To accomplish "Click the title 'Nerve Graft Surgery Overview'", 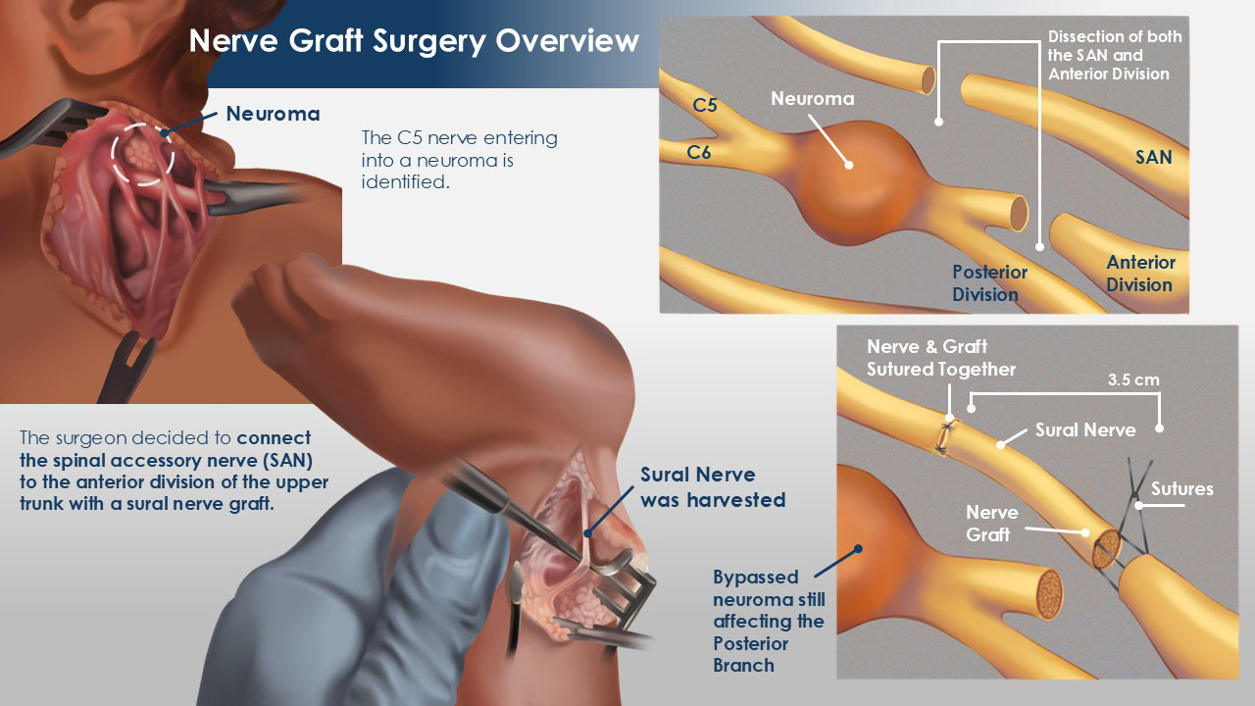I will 413,41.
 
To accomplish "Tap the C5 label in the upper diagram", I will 705,105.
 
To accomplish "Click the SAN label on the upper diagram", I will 1153,157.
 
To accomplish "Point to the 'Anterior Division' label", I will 1140,274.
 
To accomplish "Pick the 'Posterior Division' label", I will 990,283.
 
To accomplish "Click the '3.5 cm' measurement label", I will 1132,379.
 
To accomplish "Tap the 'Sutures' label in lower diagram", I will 1181,488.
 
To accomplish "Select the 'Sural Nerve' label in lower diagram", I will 1085,429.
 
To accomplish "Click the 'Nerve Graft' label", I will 991,523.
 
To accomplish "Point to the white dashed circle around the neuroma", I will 142,153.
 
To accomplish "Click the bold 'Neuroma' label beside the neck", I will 273,114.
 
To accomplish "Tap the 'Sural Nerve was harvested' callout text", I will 713,487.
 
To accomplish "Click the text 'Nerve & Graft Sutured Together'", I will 940,358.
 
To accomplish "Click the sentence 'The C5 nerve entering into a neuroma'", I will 459,159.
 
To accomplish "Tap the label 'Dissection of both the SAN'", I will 1114,55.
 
